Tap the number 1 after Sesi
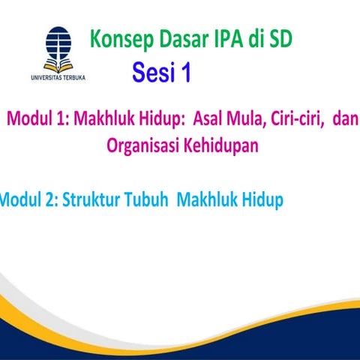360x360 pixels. tap(184, 73)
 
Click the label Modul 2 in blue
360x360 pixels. tap(27, 200)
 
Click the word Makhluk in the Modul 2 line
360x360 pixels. tap(208, 200)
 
